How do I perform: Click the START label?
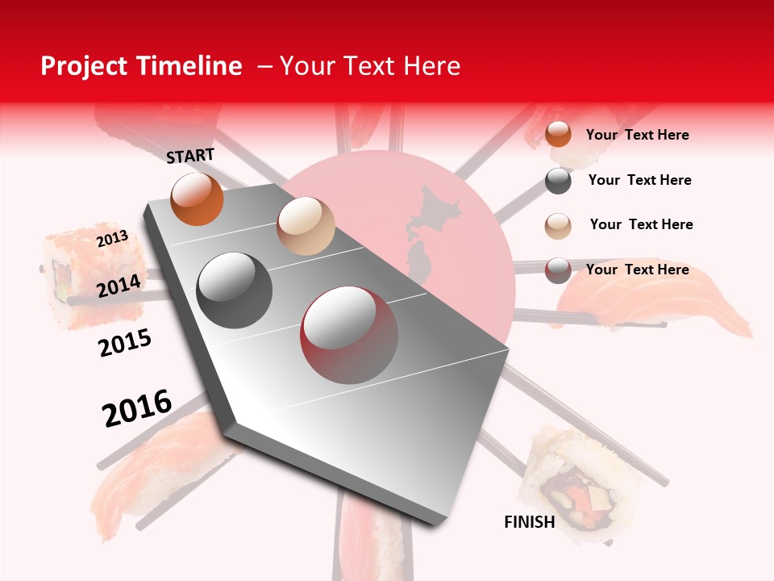190,155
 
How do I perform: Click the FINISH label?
530,522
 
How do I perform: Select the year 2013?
112,238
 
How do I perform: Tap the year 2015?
125,343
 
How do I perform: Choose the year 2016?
137,408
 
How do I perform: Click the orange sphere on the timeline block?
197,199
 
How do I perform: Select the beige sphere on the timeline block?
306,226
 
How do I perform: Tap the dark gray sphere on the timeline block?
235,290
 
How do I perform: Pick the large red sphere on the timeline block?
349,335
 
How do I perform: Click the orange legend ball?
558,134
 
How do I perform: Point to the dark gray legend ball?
558,181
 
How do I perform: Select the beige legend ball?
558,225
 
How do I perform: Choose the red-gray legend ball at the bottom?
558,270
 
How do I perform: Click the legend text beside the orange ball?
637,135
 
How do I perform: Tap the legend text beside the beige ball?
641,224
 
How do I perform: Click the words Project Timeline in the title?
141,66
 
